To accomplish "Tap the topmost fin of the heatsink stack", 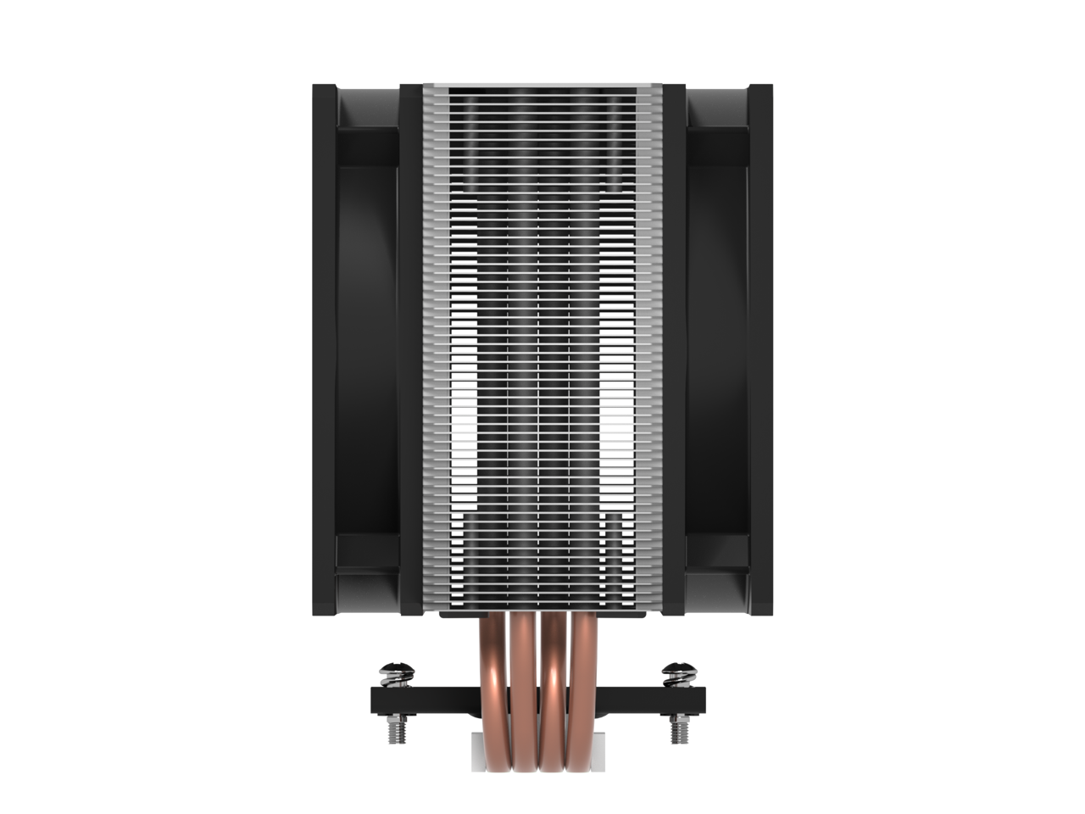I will [x=542, y=87].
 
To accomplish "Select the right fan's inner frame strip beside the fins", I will [x=675, y=348].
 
